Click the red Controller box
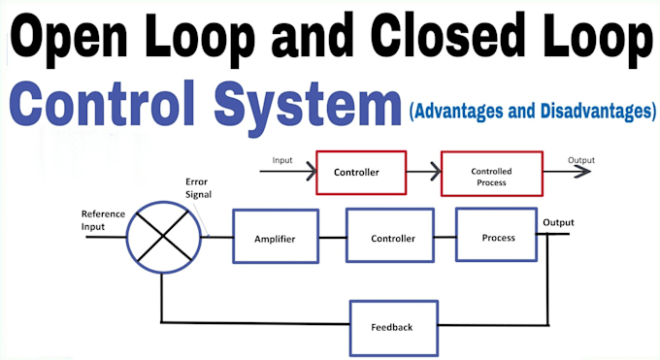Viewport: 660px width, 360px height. (356, 173)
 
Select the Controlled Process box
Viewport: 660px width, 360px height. (491, 176)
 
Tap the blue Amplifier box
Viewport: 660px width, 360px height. (275, 237)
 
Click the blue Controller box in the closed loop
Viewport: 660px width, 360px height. (393, 237)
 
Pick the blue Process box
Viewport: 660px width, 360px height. (498, 236)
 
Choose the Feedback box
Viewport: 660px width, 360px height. (392, 326)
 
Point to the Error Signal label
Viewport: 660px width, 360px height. (198, 187)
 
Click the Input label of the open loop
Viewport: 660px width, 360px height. (283, 160)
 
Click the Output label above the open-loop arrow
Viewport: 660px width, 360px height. (581, 160)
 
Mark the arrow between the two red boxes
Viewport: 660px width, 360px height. (423, 173)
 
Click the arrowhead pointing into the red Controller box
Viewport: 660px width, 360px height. (310, 173)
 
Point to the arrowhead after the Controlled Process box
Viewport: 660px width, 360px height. (582, 173)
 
